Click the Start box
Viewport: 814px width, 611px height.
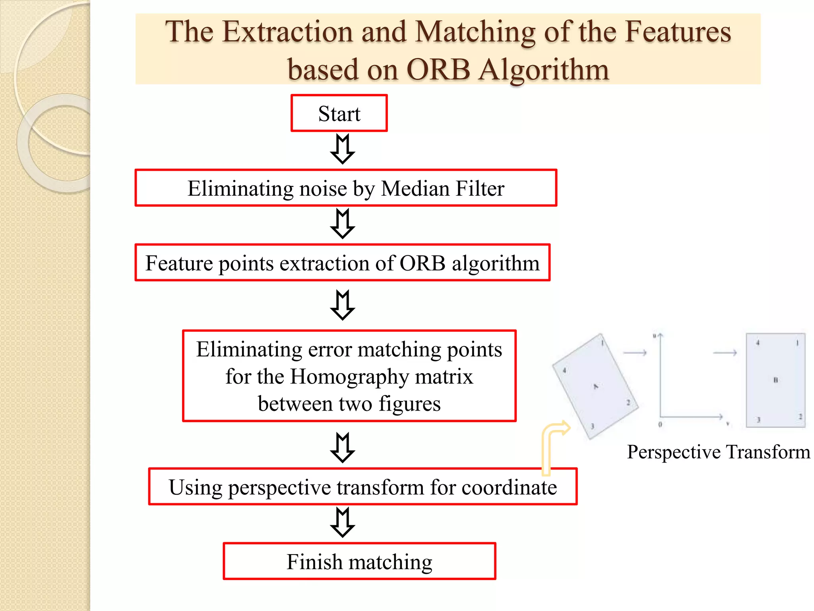pos(339,113)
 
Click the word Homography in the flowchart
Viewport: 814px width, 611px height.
pos(349,376)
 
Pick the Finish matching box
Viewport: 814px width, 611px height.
pos(359,561)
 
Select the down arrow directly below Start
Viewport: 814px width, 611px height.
pos(342,149)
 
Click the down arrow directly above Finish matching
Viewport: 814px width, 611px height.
pos(342,522)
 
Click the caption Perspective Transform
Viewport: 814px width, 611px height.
pos(718,452)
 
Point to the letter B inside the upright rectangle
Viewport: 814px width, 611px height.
pos(775,380)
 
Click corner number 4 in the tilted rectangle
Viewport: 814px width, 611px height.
pos(564,371)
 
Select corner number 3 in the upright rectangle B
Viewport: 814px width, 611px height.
pos(758,420)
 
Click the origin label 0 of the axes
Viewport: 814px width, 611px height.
pos(660,424)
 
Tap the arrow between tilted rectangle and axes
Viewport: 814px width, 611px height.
pos(635,352)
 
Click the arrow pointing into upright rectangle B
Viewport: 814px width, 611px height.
pos(725,352)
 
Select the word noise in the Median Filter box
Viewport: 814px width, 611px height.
pos(323,188)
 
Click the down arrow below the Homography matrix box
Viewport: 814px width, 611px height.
pos(342,447)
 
